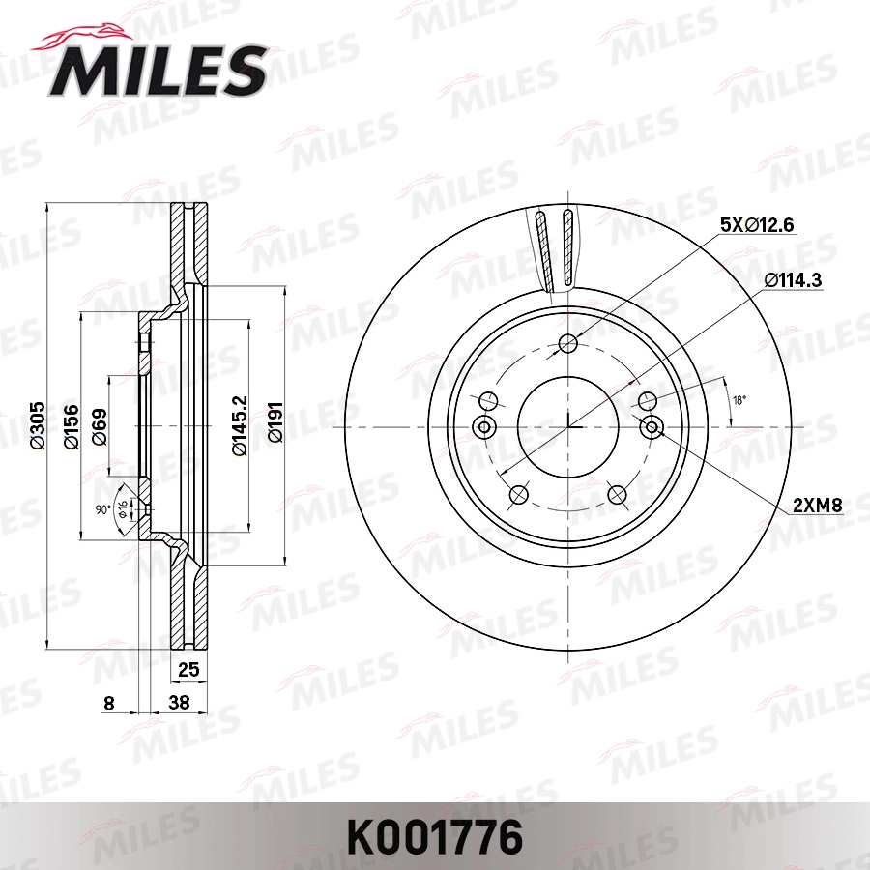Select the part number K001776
click(x=434, y=834)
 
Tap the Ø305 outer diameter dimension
click(x=38, y=426)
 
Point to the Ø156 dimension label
click(x=71, y=426)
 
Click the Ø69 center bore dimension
click(x=99, y=426)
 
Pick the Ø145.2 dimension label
click(x=239, y=426)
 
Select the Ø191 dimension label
click(x=275, y=426)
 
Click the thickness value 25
click(x=188, y=668)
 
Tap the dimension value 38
click(x=179, y=704)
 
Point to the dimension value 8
click(x=108, y=704)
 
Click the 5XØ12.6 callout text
click(x=756, y=225)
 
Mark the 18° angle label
click(x=739, y=398)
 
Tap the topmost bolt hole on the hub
click(x=568, y=342)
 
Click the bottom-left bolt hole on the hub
click(x=518, y=495)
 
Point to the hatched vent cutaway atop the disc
click(x=556, y=249)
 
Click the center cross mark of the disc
click(x=568, y=426)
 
